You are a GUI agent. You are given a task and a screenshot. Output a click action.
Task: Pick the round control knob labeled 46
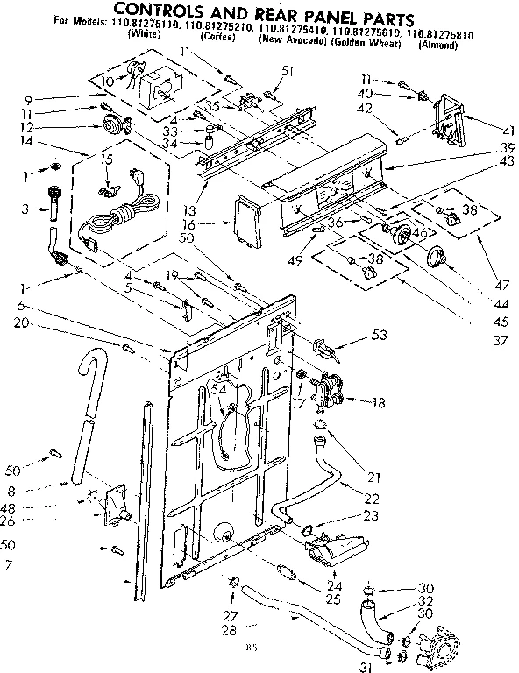(x=402, y=233)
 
